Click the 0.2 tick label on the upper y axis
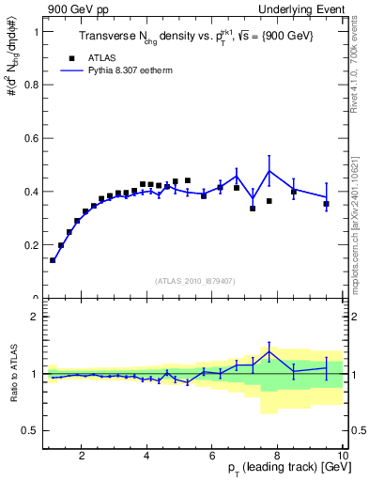[x=32, y=245]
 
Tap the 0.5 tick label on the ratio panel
[x=32, y=430]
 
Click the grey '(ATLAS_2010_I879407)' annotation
[x=194, y=281]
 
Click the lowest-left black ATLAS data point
[x=53, y=260]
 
